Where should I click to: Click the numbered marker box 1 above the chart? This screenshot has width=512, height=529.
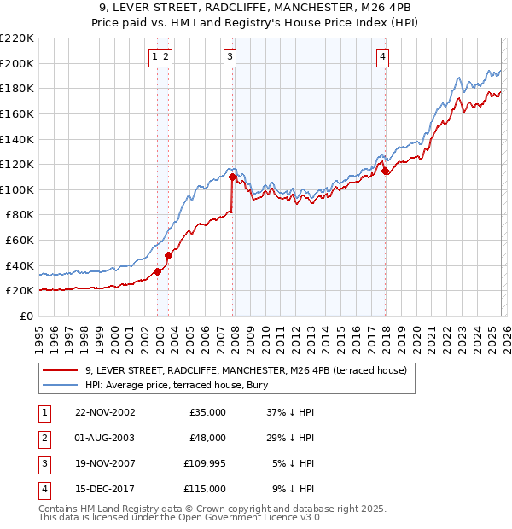(154, 57)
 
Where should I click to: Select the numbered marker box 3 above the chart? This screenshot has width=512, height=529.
(230, 57)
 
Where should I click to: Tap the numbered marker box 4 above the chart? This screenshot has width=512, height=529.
(383, 57)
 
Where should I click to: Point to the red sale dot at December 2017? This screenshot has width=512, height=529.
(386, 171)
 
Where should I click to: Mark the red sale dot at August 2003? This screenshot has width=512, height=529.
(169, 254)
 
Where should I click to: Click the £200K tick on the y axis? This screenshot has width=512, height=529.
(17, 63)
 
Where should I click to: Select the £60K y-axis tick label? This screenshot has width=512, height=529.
(20, 241)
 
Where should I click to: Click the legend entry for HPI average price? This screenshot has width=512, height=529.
(177, 385)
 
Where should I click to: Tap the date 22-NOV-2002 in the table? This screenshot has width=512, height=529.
(105, 412)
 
